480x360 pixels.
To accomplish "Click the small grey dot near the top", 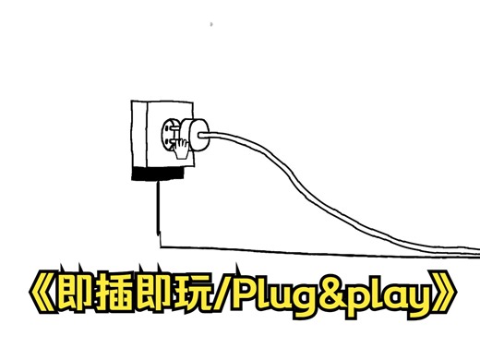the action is pos(211,22).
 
